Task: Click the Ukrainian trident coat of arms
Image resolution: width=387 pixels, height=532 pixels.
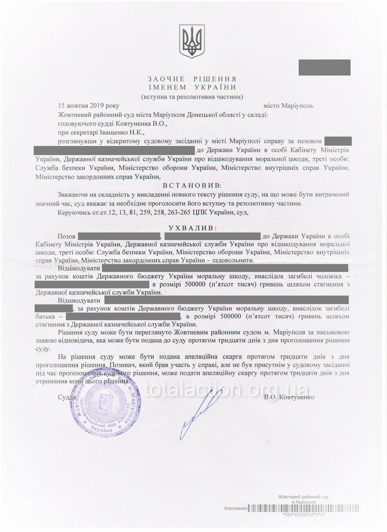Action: pyautogui.click(x=192, y=42)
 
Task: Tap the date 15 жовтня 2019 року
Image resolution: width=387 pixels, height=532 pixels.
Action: pyautogui.click(x=89, y=106)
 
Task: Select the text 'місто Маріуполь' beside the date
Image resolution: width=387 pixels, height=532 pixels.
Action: pyautogui.click(x=288, y=106)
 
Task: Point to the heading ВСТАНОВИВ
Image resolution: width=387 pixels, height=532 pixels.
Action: pyautogui.click(x=192, y=185)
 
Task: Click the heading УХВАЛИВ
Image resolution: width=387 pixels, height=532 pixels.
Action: pyautogui.click(x=193, y=228)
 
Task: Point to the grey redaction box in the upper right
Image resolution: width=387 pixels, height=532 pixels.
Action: pyautogui.click(x=324, y=67)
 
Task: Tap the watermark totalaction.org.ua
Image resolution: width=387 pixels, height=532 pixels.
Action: pyautogui.click(x=226, y=389)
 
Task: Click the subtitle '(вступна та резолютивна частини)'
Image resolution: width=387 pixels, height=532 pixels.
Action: pyautogui.click(x=192, y=97)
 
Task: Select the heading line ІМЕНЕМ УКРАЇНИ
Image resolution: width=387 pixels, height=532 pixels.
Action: pyautogui.click(x=192, y=88)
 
